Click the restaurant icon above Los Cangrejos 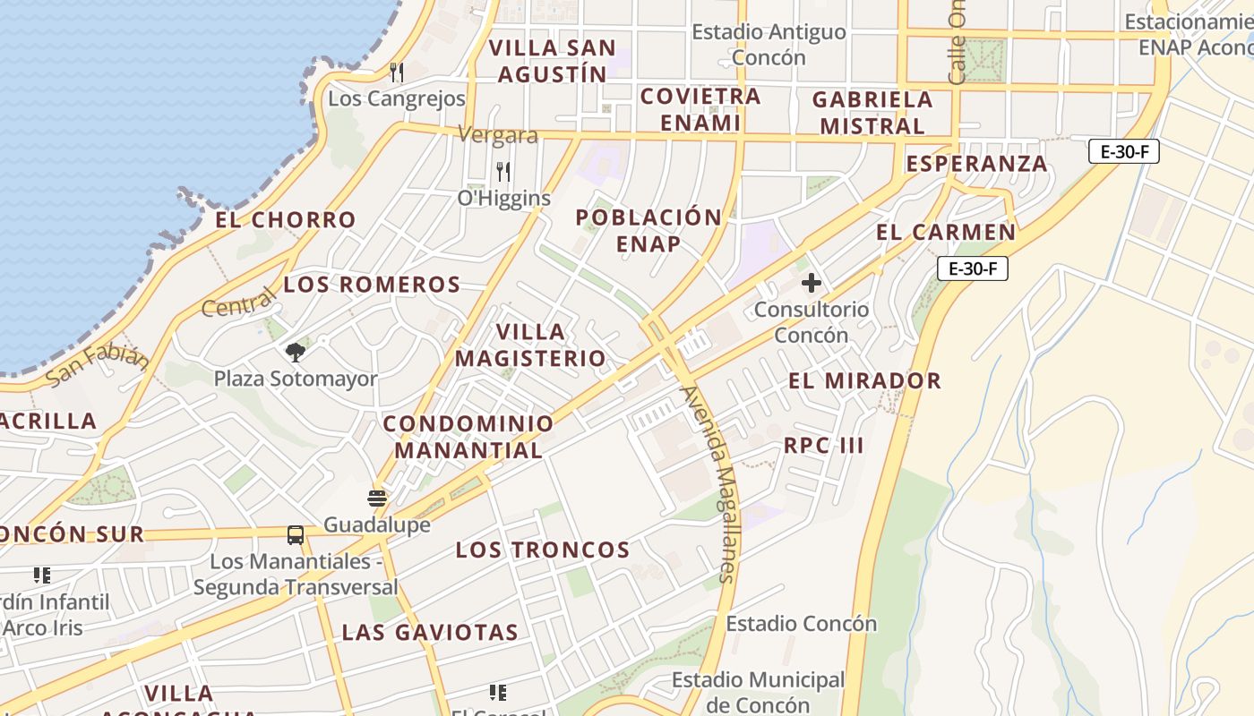397,72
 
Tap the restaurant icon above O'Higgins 504,171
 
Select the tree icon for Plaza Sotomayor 296,352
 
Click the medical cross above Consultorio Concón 811,284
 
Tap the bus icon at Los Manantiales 296,535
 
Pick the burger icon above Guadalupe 377,499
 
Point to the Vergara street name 498,135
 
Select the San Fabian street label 97,364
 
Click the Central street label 239,303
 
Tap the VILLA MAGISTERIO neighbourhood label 530,345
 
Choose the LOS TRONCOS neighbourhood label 543,550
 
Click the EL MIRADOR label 864,380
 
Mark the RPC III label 823,446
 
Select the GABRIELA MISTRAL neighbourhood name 872,113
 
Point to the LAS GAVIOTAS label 430,633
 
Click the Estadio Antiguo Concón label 769,45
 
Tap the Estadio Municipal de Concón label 758,692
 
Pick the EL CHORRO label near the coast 286,219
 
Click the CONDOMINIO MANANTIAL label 468,437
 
